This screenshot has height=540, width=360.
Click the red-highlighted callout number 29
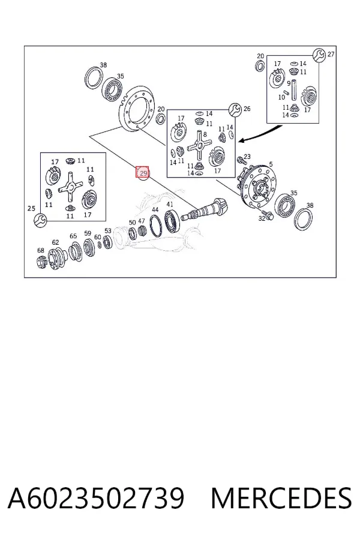(143, 172)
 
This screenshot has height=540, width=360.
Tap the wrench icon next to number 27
(319, 55)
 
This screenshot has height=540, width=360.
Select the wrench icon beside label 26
(235, 109)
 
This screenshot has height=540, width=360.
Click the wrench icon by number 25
(41, 220)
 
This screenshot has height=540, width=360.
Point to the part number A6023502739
(96, 497)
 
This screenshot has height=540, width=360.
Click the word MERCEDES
(281, 497)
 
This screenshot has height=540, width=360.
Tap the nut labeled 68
(41, 262)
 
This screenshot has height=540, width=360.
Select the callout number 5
(271, 164)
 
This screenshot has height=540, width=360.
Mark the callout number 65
(73, 236)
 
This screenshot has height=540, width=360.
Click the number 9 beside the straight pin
(289, 83)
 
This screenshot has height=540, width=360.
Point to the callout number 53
(108, 231)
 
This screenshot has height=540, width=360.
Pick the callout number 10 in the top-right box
(281, 97)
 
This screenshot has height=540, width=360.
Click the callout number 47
(141, 221)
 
